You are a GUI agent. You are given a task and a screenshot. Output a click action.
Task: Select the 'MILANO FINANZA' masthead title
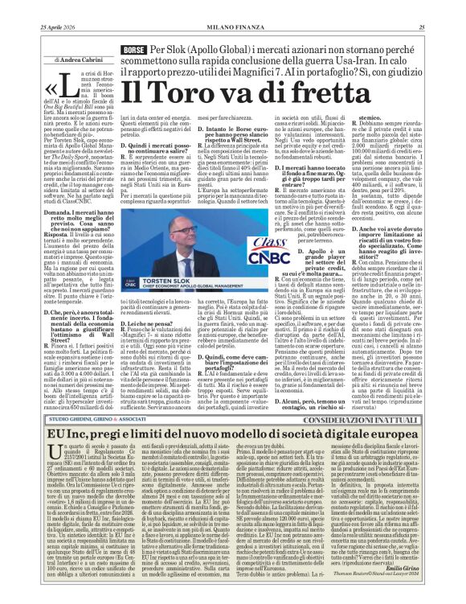pos(233,7)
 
